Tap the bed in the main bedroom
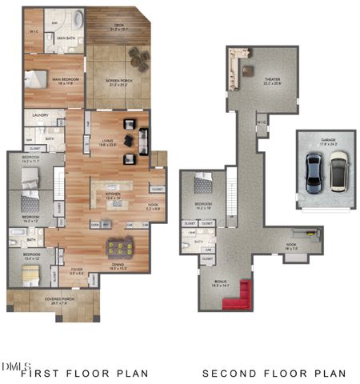pyautogui.click(x=38, y=78)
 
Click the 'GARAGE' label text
pyautogui.click(x=328, y=139)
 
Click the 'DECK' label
pyautogui.click(x=118, y=25)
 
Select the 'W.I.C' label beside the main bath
pyautogui.click(x=33, y=33)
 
